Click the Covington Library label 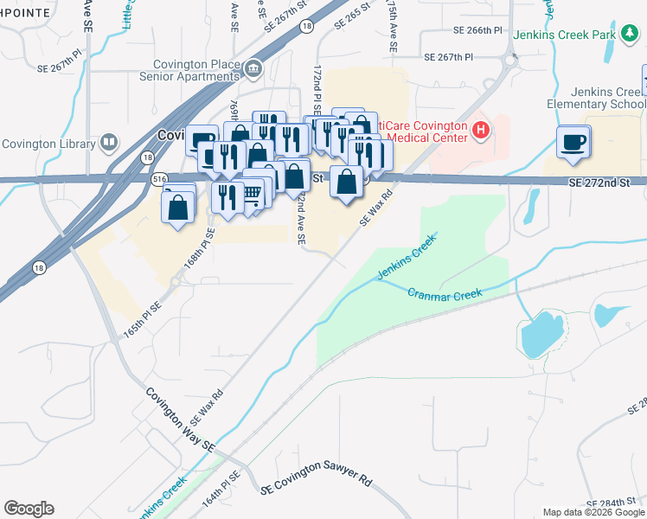coord(48,144)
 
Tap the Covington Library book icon coord(109,142)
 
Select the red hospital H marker coord(482,131)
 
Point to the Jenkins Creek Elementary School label coord(597,98)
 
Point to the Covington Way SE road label coord(179,419)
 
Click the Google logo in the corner coord(29,509)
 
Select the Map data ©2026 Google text coord(594,512)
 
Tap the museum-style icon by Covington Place coord(253,68)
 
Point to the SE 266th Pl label coord(477,30)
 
